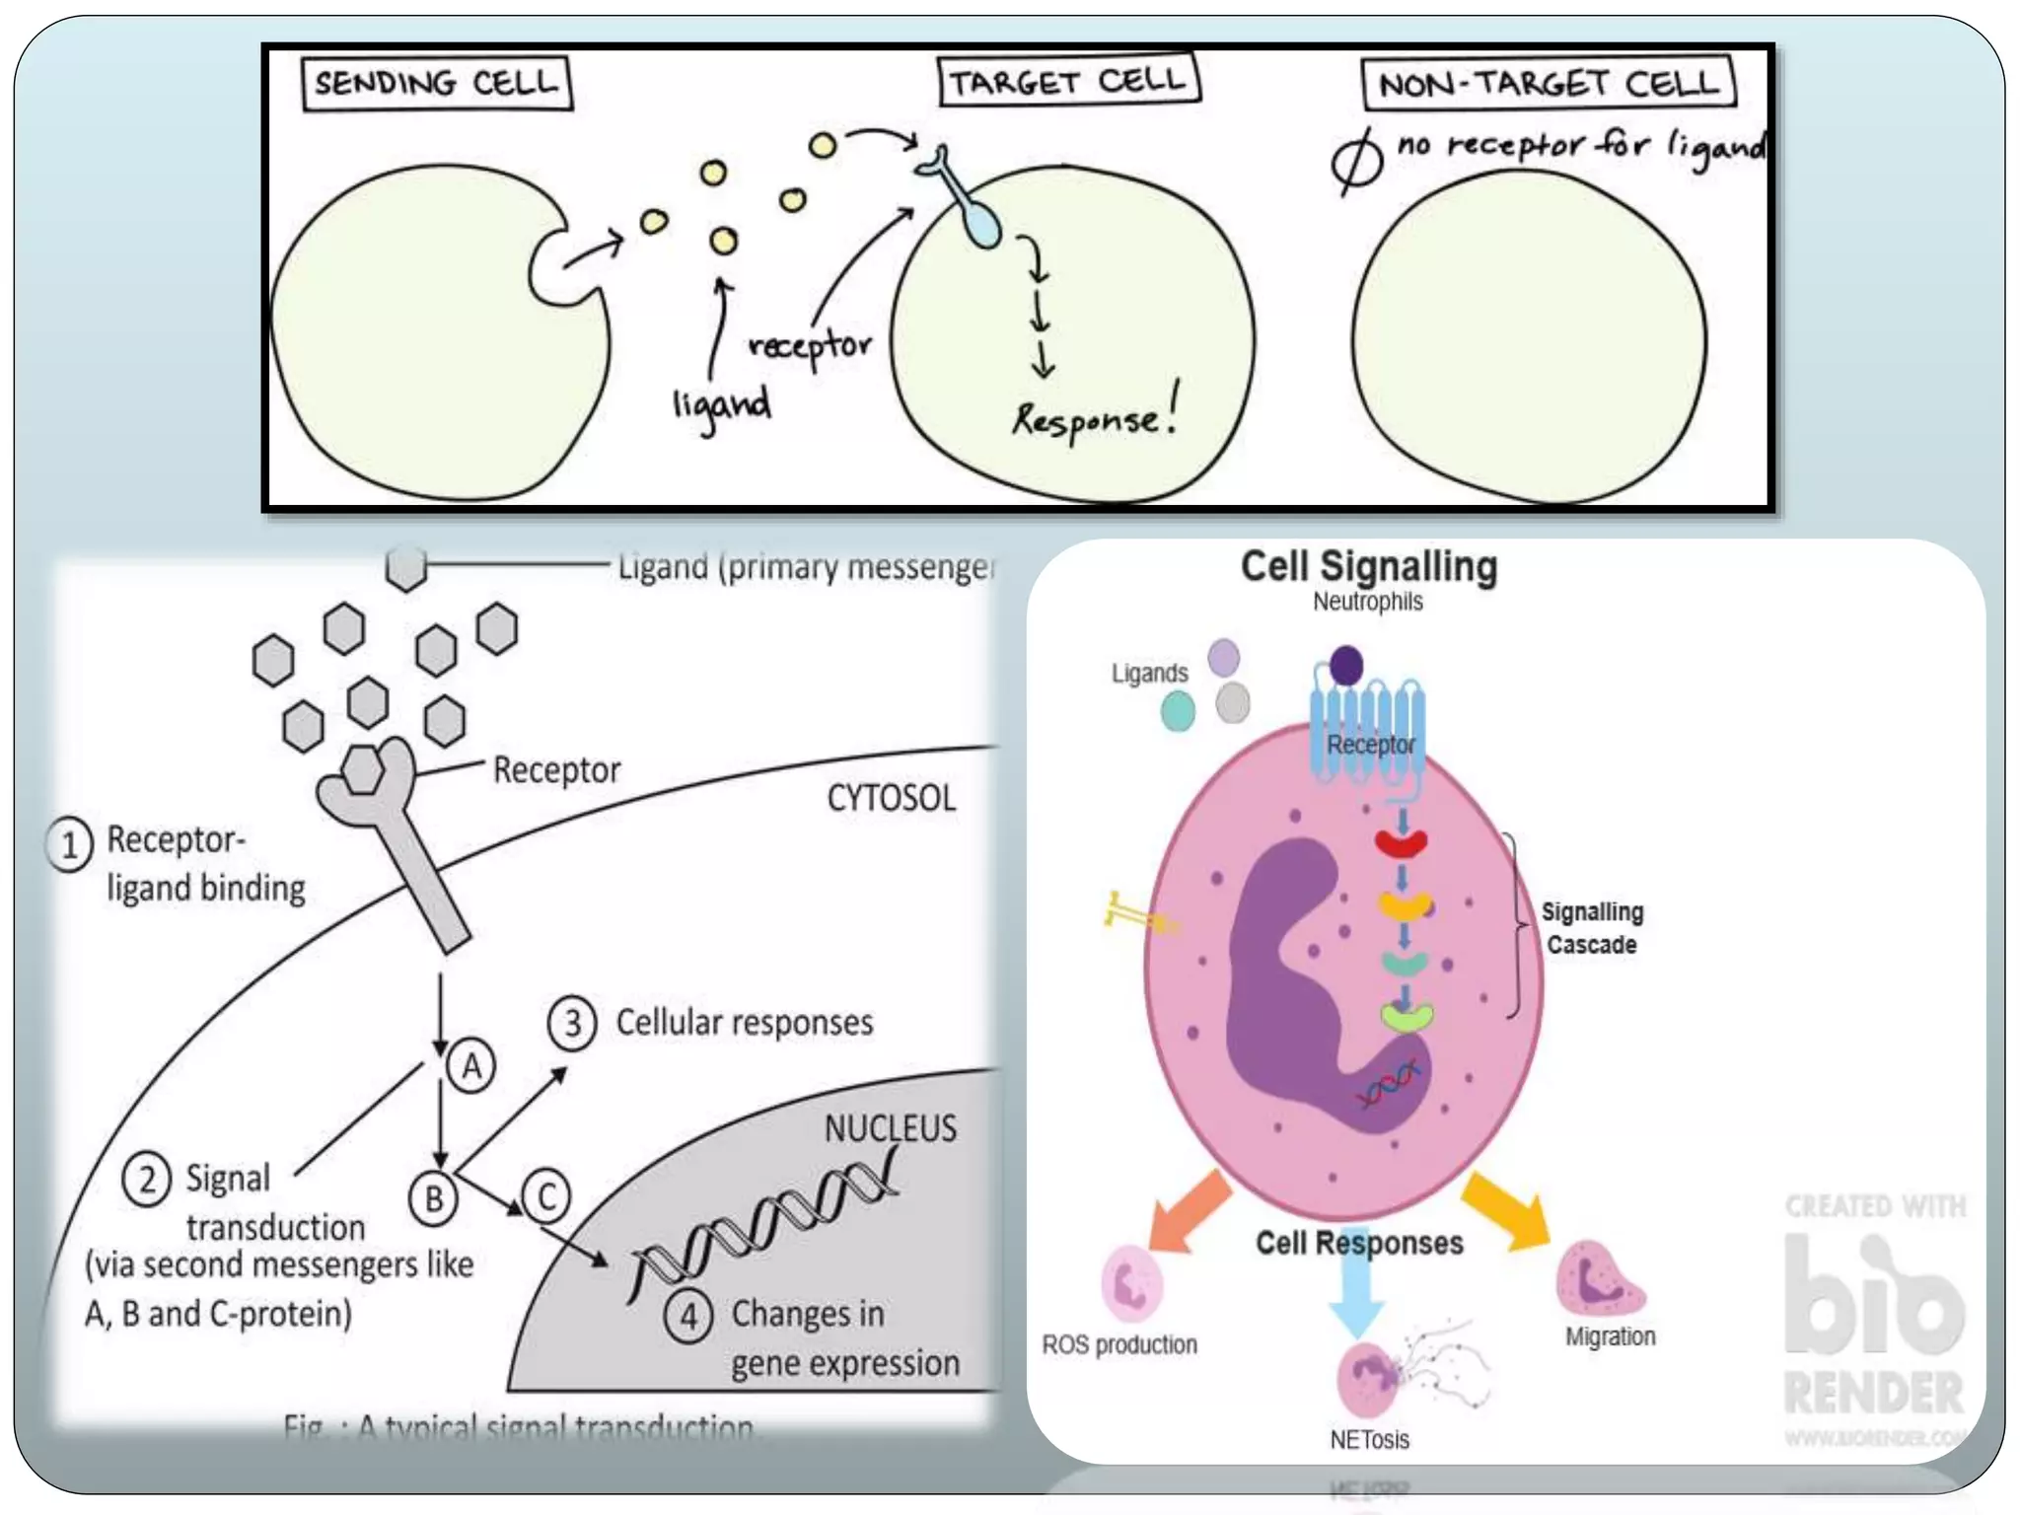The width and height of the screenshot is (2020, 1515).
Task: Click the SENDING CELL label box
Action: point(437,84)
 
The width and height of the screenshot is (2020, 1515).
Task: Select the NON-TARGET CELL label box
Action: point(1548,84)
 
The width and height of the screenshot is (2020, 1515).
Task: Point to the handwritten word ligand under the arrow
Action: point(721,405)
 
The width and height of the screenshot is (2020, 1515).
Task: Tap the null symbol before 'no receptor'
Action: point(1357,162)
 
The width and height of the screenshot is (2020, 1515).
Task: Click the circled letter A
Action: point(471,1066)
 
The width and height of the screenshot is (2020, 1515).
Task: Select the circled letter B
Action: point(434,1198)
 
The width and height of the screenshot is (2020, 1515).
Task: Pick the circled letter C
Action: point(546,1196)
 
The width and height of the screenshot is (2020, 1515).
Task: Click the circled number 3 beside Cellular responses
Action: point(572,1023)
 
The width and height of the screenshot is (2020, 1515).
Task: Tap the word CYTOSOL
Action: point(891,798)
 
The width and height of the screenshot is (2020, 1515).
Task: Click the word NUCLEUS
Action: point(890,1127)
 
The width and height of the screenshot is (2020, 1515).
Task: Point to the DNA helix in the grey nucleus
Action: point(764,1223)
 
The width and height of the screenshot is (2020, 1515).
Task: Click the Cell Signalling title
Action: point(1368,566)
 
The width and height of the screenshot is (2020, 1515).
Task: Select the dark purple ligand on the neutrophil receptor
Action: point(1346,665)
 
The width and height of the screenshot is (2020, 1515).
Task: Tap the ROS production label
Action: point(1119,1344)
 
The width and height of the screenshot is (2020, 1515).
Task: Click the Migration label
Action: point(1610,1336)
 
